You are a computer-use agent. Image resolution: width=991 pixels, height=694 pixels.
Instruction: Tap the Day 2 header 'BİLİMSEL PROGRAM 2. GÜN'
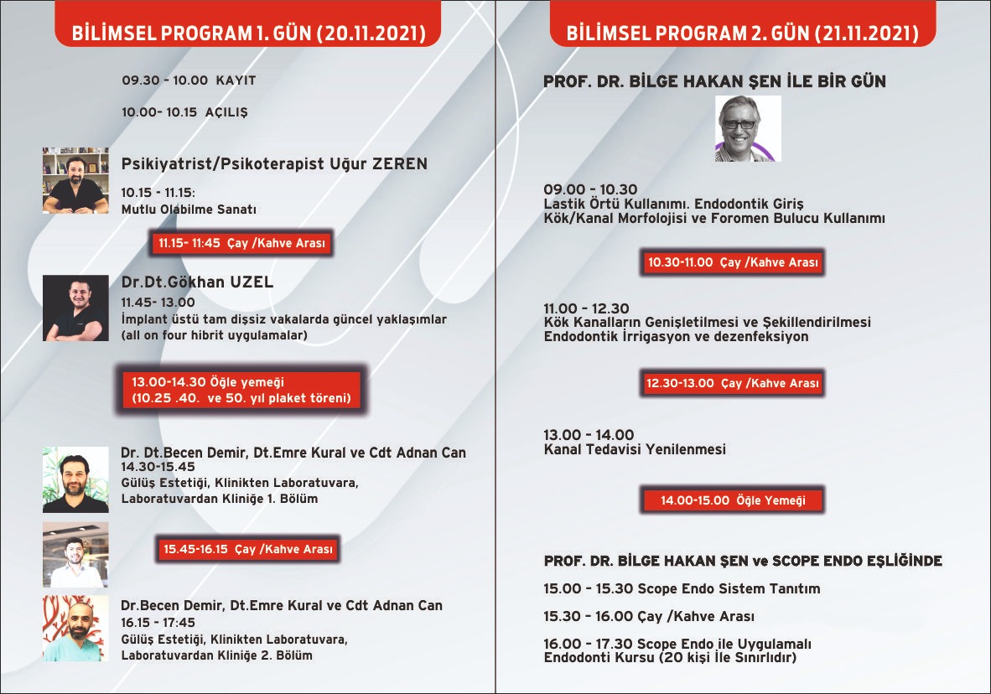[742, 34]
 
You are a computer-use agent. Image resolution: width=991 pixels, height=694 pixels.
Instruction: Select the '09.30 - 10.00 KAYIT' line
[189, 80]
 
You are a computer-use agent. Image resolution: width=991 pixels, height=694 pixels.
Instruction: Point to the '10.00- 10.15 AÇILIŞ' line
[184, 111]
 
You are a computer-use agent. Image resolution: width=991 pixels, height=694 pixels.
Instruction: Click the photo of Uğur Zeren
[75, 181]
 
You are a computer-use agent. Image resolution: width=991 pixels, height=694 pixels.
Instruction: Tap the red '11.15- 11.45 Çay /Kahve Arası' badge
[242, 244]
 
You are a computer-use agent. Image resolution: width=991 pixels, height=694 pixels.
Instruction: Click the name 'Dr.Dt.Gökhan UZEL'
[197, 282]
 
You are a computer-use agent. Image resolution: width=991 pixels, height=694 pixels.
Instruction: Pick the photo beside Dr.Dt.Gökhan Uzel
[75, 308]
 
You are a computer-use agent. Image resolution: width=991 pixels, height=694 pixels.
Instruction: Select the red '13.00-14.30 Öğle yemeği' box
[241, 390]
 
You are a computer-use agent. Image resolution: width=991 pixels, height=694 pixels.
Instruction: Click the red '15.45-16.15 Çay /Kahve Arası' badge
[249, 550]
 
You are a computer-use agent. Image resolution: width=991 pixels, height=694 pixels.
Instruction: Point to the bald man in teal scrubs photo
[75, 629]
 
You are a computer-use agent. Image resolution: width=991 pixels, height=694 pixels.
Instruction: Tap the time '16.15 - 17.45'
[158, 623]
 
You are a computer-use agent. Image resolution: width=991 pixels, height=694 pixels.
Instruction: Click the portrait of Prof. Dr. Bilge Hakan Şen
[748, 128]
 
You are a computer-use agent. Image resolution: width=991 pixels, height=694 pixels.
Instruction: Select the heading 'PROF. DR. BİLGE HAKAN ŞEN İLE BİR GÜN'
[714, 81]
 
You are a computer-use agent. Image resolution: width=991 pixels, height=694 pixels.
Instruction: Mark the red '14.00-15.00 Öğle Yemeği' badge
[733, 500]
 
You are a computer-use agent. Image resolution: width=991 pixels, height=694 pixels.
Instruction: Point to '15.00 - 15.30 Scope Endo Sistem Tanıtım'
[682, 588]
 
